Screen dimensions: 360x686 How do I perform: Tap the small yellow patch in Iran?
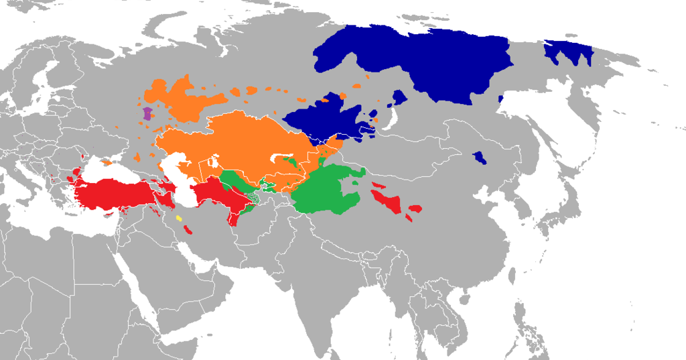tap(179, 218)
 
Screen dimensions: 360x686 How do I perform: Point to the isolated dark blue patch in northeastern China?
tap(480, 159)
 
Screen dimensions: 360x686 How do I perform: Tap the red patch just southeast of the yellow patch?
tap(189, 231)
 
